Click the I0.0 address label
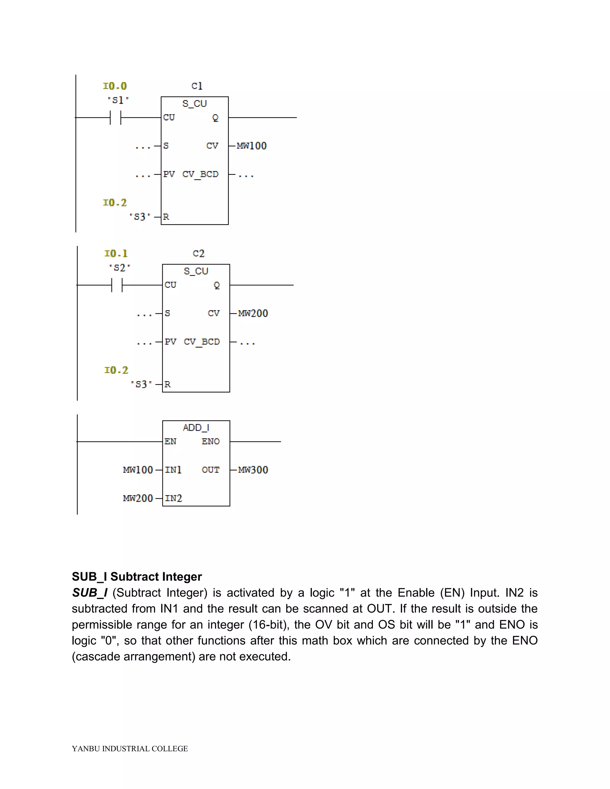(115, 86)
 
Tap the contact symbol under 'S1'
(115, 117)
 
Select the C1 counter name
(197, 86)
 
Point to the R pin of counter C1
(166, 217)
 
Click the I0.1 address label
(116, 254)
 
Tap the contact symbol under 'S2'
(117, 285)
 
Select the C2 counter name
(198, 254)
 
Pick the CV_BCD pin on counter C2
(202, 342)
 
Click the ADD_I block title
(196, 428)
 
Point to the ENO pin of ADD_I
(210, 442)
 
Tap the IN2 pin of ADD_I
(173, 498)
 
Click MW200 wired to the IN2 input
(138, 498)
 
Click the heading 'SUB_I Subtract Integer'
(137, 577)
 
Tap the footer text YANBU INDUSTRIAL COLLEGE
(130, 749)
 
